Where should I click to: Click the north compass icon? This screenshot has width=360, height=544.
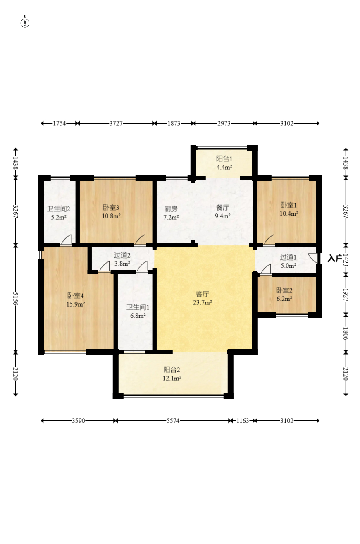25,23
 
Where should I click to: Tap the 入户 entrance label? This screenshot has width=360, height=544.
334,259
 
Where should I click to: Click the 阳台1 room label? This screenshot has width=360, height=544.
224,159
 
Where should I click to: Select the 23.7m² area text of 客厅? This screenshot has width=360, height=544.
203,302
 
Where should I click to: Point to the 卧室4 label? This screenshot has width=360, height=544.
76,295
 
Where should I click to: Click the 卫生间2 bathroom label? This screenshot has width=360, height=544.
58,208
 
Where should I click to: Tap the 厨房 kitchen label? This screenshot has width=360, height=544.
171,208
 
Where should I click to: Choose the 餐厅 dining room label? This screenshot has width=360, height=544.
222,207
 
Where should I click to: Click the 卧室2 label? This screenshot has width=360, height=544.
284,290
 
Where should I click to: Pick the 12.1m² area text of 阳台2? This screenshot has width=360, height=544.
172,378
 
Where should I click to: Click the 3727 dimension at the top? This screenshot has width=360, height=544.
116,123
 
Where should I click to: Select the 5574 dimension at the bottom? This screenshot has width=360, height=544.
173,421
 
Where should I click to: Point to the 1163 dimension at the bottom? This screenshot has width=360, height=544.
243,421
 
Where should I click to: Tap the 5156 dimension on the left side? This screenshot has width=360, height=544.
16,299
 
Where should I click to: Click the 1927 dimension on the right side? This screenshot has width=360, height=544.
346,295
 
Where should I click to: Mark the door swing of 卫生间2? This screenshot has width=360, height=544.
66,240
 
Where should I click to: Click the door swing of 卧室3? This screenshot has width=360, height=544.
140,240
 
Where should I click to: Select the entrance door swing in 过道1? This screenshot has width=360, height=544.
313,258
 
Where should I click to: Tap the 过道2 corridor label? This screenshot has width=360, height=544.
122,255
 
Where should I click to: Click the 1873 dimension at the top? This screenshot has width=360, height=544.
174,123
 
